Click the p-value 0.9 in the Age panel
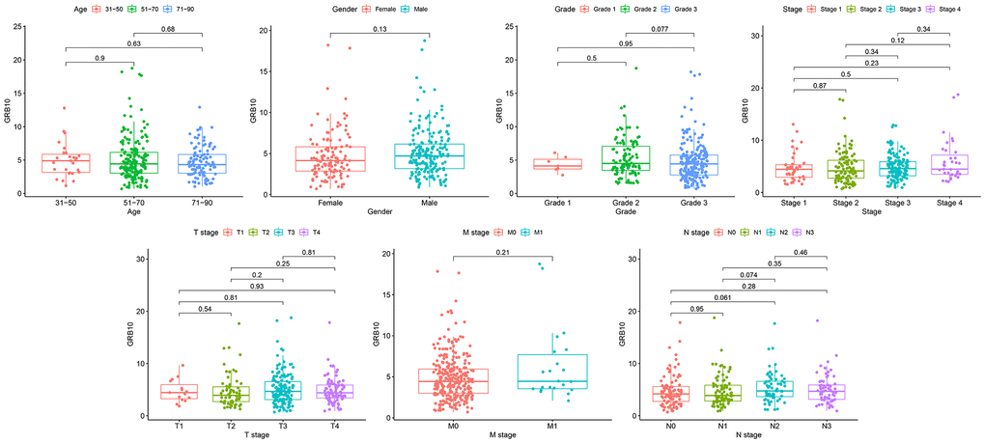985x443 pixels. [x=100, y=58]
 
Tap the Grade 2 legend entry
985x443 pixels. [x=637, y=9]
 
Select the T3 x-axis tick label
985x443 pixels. [x=283, y=426]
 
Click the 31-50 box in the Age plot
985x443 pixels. [x=67, y=163]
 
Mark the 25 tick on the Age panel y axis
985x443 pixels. [x=18, y=24]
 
